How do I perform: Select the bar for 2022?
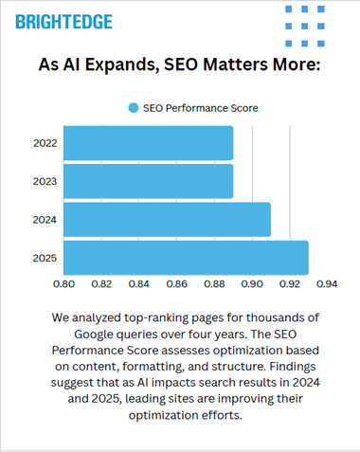tap(148, 143)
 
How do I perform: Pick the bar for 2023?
tap(148, 180)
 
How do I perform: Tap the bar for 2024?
tap(167, 219)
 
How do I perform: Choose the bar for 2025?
tap(186, 257)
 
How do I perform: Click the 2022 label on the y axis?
tap(44, 143)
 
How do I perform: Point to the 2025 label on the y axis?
tap(44, 257)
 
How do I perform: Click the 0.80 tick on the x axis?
tap(63, 282)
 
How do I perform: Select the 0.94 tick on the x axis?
tap(327, 282)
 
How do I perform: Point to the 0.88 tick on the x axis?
tap(214, 282)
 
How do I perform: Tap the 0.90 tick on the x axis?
tap(252, 282)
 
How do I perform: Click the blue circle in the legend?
tap(134, 108)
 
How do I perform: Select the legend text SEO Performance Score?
tap(201, 108)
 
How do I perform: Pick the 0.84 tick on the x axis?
tap(139, 282)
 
